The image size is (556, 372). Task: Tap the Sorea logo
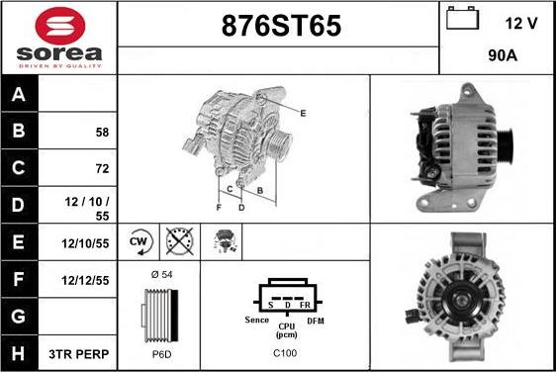(x=58, y=38)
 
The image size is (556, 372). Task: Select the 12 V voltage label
(x=521, y=23)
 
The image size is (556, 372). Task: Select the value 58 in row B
(x=102, y=132)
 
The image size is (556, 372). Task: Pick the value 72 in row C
(x=102, y=168)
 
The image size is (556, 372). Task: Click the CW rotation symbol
(x=139, y=241)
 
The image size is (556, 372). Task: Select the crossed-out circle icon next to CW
(x=179, y=241)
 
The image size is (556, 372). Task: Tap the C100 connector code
(x=284, y=353)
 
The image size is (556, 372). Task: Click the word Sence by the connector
(x=257, y=321)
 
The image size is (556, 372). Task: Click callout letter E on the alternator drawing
(x=303, y=113)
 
